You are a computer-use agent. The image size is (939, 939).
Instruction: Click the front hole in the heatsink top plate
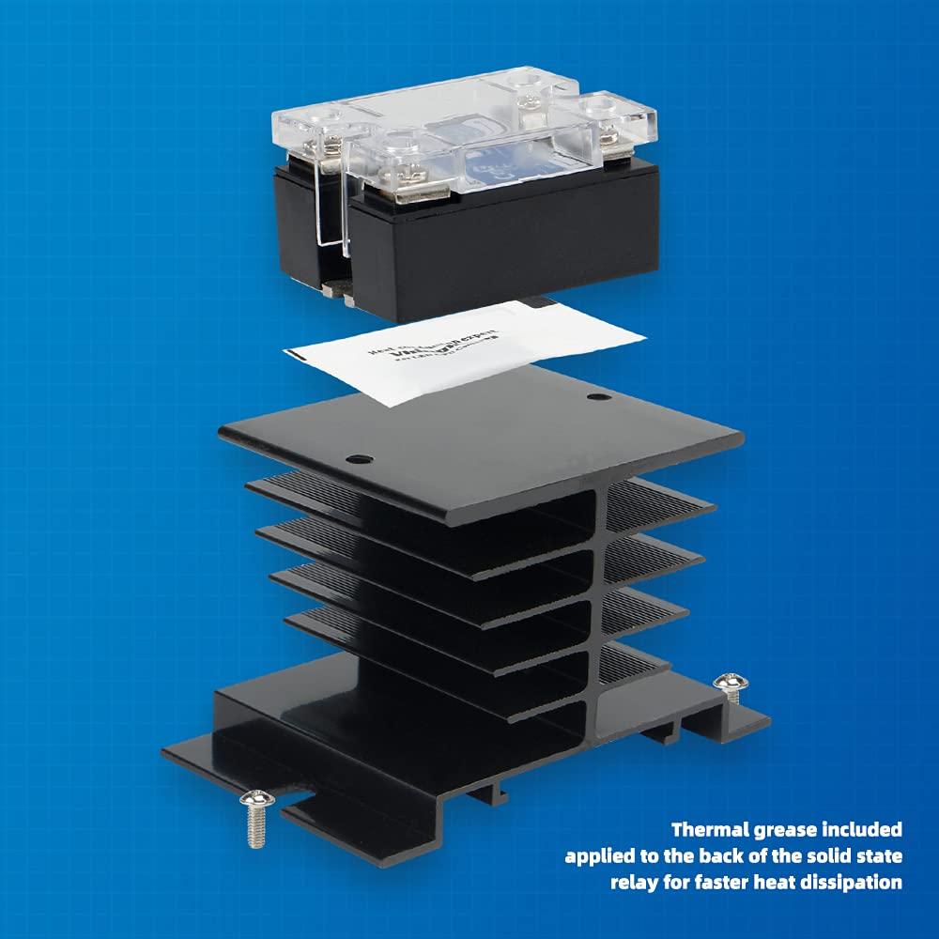point(355,460)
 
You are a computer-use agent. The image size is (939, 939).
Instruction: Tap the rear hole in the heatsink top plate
point(593,398)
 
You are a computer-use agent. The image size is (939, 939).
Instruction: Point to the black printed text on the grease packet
point(423,352)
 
